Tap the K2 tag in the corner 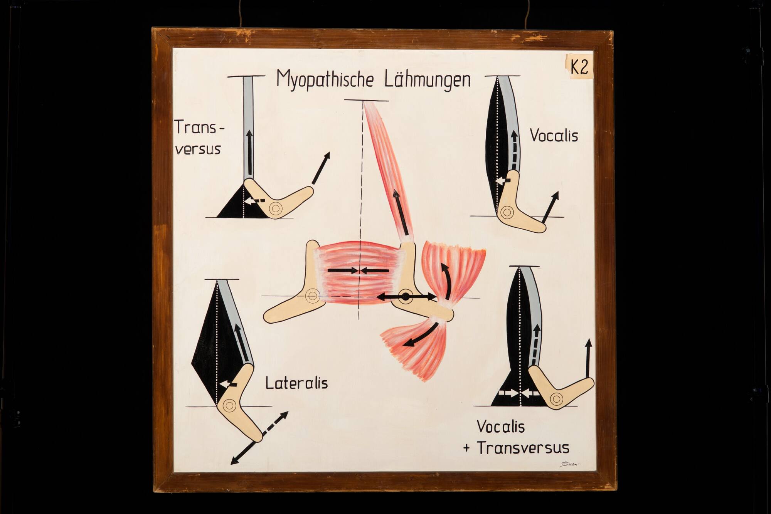coord(579,67)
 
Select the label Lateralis coord(296,383)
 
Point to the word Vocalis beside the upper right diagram coord(554,136)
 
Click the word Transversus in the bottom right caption coord(523,448)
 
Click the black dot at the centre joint coord(406,297)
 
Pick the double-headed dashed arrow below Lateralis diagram coord(259,438)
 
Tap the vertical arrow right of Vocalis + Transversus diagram coord(588,358)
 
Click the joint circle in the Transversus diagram coord(276,209)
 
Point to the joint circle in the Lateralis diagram coord(229,405)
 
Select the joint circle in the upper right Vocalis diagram coord(507,212)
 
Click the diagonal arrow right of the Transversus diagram coord(321,168)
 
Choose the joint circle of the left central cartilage coord(311,296)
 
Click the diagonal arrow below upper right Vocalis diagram coord(550,207)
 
